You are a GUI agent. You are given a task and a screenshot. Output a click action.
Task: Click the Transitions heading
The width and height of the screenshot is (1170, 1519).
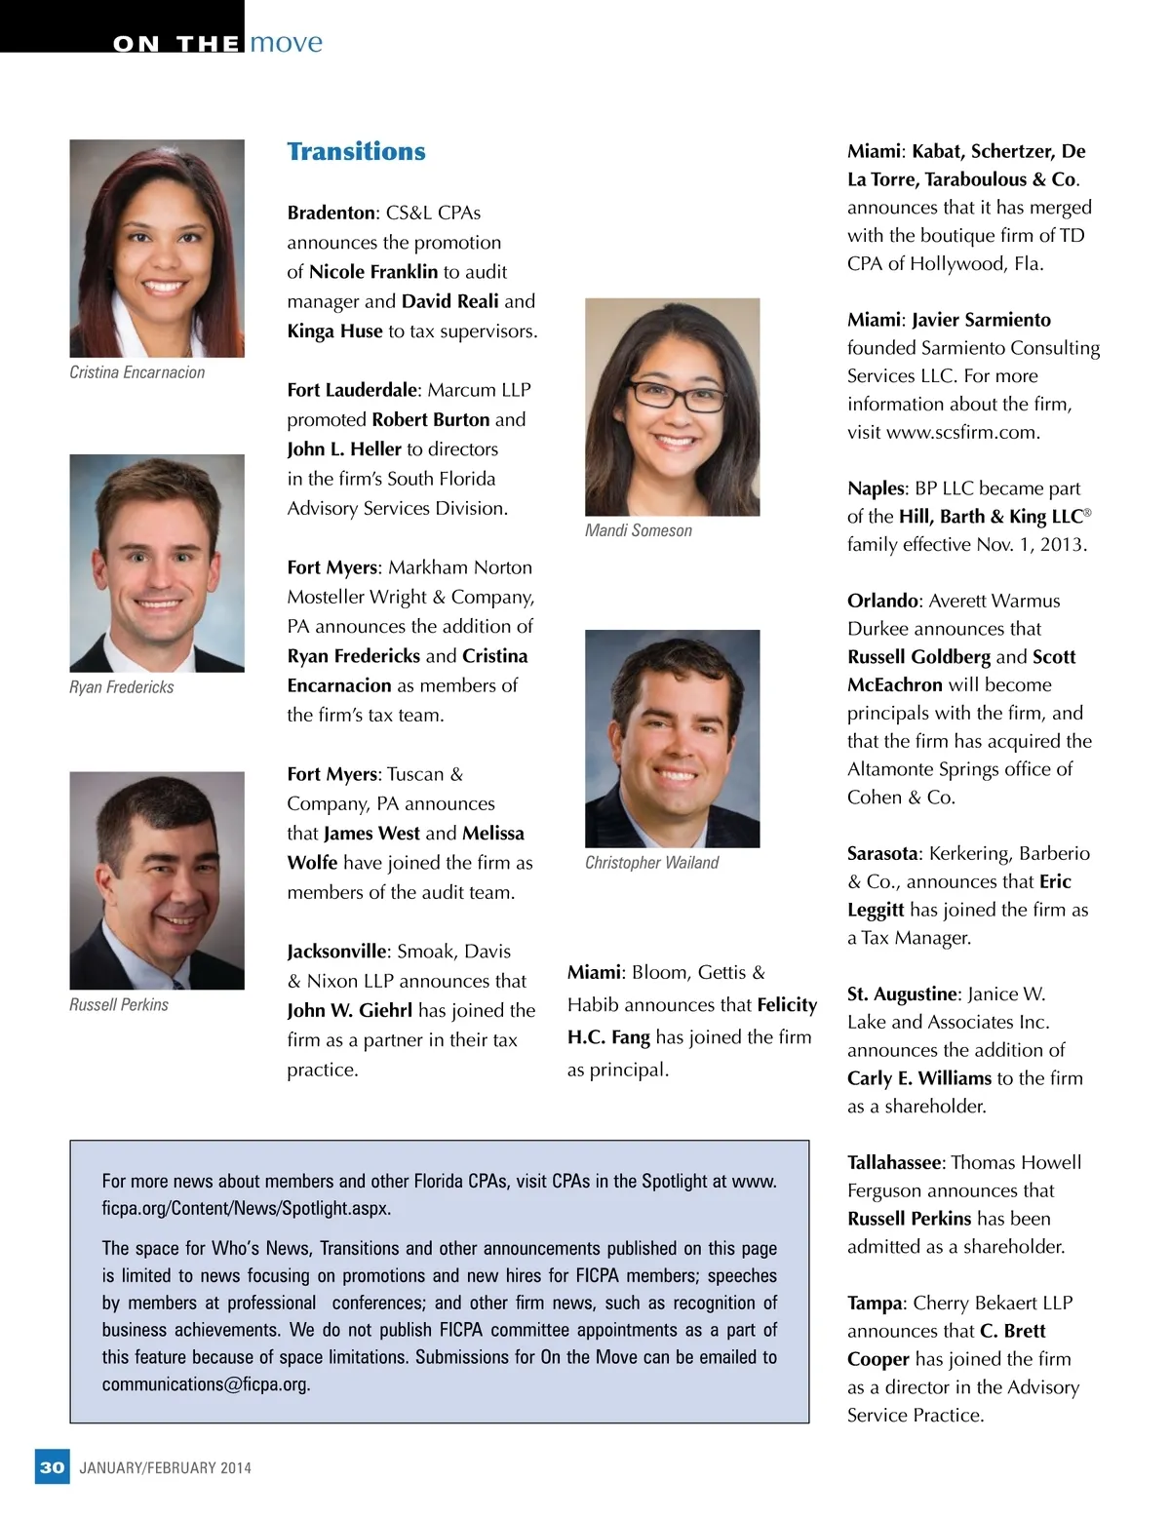point(356,152)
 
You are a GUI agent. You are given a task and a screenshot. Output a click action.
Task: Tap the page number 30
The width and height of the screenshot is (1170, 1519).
point(53,1467)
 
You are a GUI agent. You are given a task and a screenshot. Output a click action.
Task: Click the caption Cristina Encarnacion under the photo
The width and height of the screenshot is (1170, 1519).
point(137,372)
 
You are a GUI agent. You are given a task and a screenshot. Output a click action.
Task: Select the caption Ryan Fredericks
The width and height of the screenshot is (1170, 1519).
point(122,687)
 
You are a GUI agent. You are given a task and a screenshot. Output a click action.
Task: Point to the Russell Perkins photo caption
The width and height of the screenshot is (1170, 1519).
point(119,1005)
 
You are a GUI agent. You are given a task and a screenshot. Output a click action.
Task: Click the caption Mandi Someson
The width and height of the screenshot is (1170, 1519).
point(639,530)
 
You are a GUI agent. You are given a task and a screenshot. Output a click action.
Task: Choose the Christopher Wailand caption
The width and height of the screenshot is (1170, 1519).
point(651,863)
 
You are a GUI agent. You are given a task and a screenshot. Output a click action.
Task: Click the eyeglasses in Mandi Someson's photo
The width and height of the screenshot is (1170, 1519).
point(676,397)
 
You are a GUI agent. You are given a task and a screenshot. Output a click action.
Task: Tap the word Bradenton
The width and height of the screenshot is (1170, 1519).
point(331,214)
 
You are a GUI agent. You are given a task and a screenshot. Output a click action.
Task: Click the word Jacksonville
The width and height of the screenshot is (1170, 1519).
point(336,952)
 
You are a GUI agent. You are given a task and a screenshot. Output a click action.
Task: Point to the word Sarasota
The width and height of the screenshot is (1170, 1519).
point(882,853)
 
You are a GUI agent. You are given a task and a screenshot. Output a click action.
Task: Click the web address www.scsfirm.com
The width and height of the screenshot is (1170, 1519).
point(962,432)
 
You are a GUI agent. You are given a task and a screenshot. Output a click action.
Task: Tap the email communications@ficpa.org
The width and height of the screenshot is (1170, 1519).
point(206,1384)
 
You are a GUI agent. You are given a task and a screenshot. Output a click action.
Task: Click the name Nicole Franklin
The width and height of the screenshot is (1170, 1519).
point(373,272)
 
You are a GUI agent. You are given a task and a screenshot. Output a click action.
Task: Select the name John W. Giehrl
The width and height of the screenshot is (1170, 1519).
point(349,1011)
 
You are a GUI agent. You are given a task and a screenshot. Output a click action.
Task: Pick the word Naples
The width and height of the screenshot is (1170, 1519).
point(877,488)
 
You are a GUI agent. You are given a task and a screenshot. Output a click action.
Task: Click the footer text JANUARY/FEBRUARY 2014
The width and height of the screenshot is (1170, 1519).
point(165,1468)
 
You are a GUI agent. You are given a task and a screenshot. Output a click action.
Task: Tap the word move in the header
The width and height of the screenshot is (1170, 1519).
point(286,43)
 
